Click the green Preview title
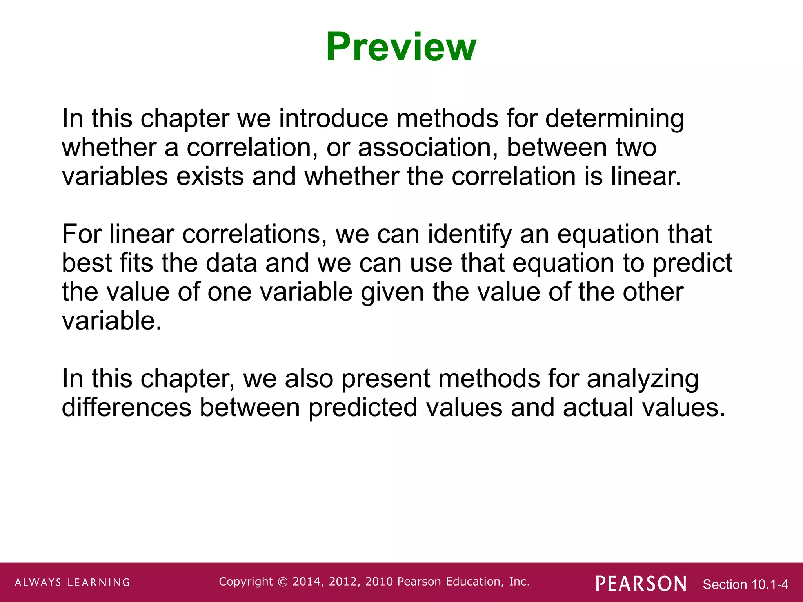coord(401,47)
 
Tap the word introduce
coord(333,118)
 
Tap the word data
coord(231,263)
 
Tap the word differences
coord(127,408)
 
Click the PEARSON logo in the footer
coord(641,584)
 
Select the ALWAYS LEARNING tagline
coord(73,582)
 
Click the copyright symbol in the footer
coord(282,582)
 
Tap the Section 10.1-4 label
coord(745,584)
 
